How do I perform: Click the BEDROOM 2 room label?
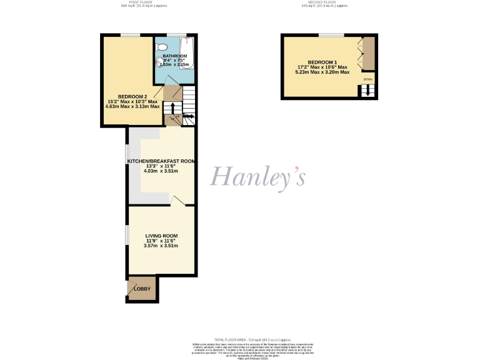point(132,96)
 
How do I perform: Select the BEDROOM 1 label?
point(321,62)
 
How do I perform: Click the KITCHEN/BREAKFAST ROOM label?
point(161,161)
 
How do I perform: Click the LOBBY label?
point(142,289)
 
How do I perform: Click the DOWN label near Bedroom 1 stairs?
point(368,80)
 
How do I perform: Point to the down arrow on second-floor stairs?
point(368,91)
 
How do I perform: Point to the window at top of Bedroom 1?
point(331,35)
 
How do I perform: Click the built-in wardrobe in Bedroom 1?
point(369,54)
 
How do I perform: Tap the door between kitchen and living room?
point(177,201)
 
